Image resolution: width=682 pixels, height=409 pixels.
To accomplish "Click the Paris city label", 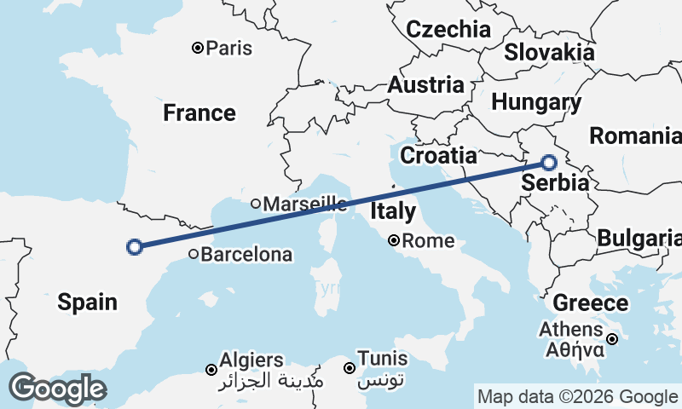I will tap(229, 48).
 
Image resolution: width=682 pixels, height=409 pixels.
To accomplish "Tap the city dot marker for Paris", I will tap(198, 48).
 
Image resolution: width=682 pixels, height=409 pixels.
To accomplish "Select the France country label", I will tap(199, 112).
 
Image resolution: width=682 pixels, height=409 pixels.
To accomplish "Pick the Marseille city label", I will tap(304, 204).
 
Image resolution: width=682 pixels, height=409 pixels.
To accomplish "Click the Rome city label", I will tap(428, 241).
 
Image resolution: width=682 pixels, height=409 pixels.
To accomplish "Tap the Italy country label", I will tap(393, 210).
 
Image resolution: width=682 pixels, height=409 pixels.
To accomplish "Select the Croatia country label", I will tap(438, 155).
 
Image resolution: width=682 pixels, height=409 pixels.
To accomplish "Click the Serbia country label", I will tap(555, 182).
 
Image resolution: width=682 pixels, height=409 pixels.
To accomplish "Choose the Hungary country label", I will tap(536, 103).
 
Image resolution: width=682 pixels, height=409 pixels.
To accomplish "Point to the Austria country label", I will tap(426, 85).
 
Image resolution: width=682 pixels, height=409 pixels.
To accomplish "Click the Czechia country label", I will tap(448, 30).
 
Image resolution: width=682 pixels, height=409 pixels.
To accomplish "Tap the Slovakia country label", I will tap(549, 51).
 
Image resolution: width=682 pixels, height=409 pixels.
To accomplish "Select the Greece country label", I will tap(591, 302).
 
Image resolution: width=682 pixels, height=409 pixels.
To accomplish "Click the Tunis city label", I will tap(383, 358).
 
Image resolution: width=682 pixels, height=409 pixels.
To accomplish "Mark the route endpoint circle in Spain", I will tap(134, 247).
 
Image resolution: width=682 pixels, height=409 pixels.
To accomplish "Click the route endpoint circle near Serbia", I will tap(548, 163).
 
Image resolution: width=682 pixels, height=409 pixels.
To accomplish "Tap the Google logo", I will tap(57, 389).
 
